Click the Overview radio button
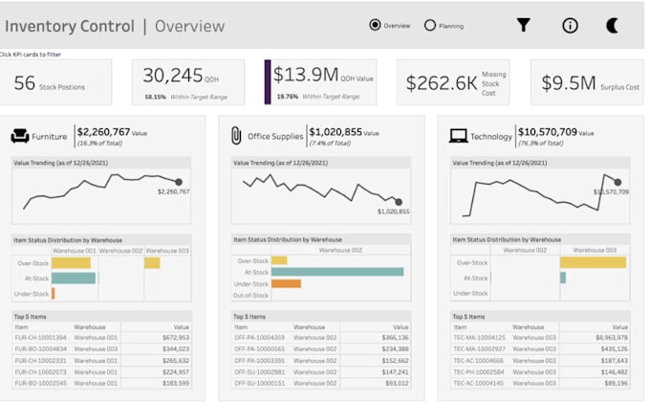point(375,26)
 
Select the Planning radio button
point(429,26)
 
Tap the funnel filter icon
point(523,26)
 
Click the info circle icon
point(570,26)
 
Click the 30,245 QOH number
point(173,76)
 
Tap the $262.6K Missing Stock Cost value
point(441,83)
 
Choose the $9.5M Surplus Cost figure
point(568,83)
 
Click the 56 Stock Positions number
point(25,84)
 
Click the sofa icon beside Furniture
point(19,137)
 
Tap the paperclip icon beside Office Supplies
point(235,137)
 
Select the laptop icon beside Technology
point(457,137)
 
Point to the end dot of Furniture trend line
point(179,181)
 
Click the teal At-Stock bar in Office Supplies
point(336,272)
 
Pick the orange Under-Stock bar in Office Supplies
point(286,283)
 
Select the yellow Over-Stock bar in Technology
point(593,262)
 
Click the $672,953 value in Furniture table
point(175,338)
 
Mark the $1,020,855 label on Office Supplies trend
point(393,212)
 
